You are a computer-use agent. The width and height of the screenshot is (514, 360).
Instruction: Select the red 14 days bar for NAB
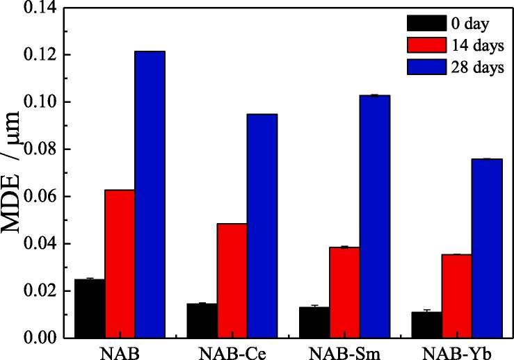coord(120,263)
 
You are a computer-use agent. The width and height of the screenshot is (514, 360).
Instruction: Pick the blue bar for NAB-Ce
coord(262,226)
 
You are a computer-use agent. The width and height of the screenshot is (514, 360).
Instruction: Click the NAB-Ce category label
coord(232,352)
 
